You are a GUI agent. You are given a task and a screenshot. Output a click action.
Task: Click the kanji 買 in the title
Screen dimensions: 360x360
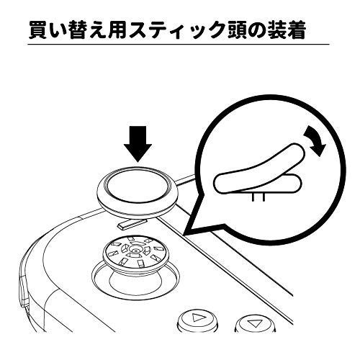tap(38, 30)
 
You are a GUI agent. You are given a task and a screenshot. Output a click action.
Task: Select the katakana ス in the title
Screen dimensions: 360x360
tap(138, 31)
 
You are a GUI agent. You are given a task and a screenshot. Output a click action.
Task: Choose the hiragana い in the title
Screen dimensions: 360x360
tap(58, 31)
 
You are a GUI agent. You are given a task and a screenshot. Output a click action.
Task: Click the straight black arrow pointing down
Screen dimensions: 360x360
tap(138, 144)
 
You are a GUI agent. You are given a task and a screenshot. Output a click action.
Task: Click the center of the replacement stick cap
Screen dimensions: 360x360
tap(138, 189)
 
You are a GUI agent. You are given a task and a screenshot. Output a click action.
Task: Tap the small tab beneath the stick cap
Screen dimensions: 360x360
tap(132, 223)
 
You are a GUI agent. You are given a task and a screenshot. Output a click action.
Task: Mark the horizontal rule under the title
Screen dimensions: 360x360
tap(179, 45)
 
